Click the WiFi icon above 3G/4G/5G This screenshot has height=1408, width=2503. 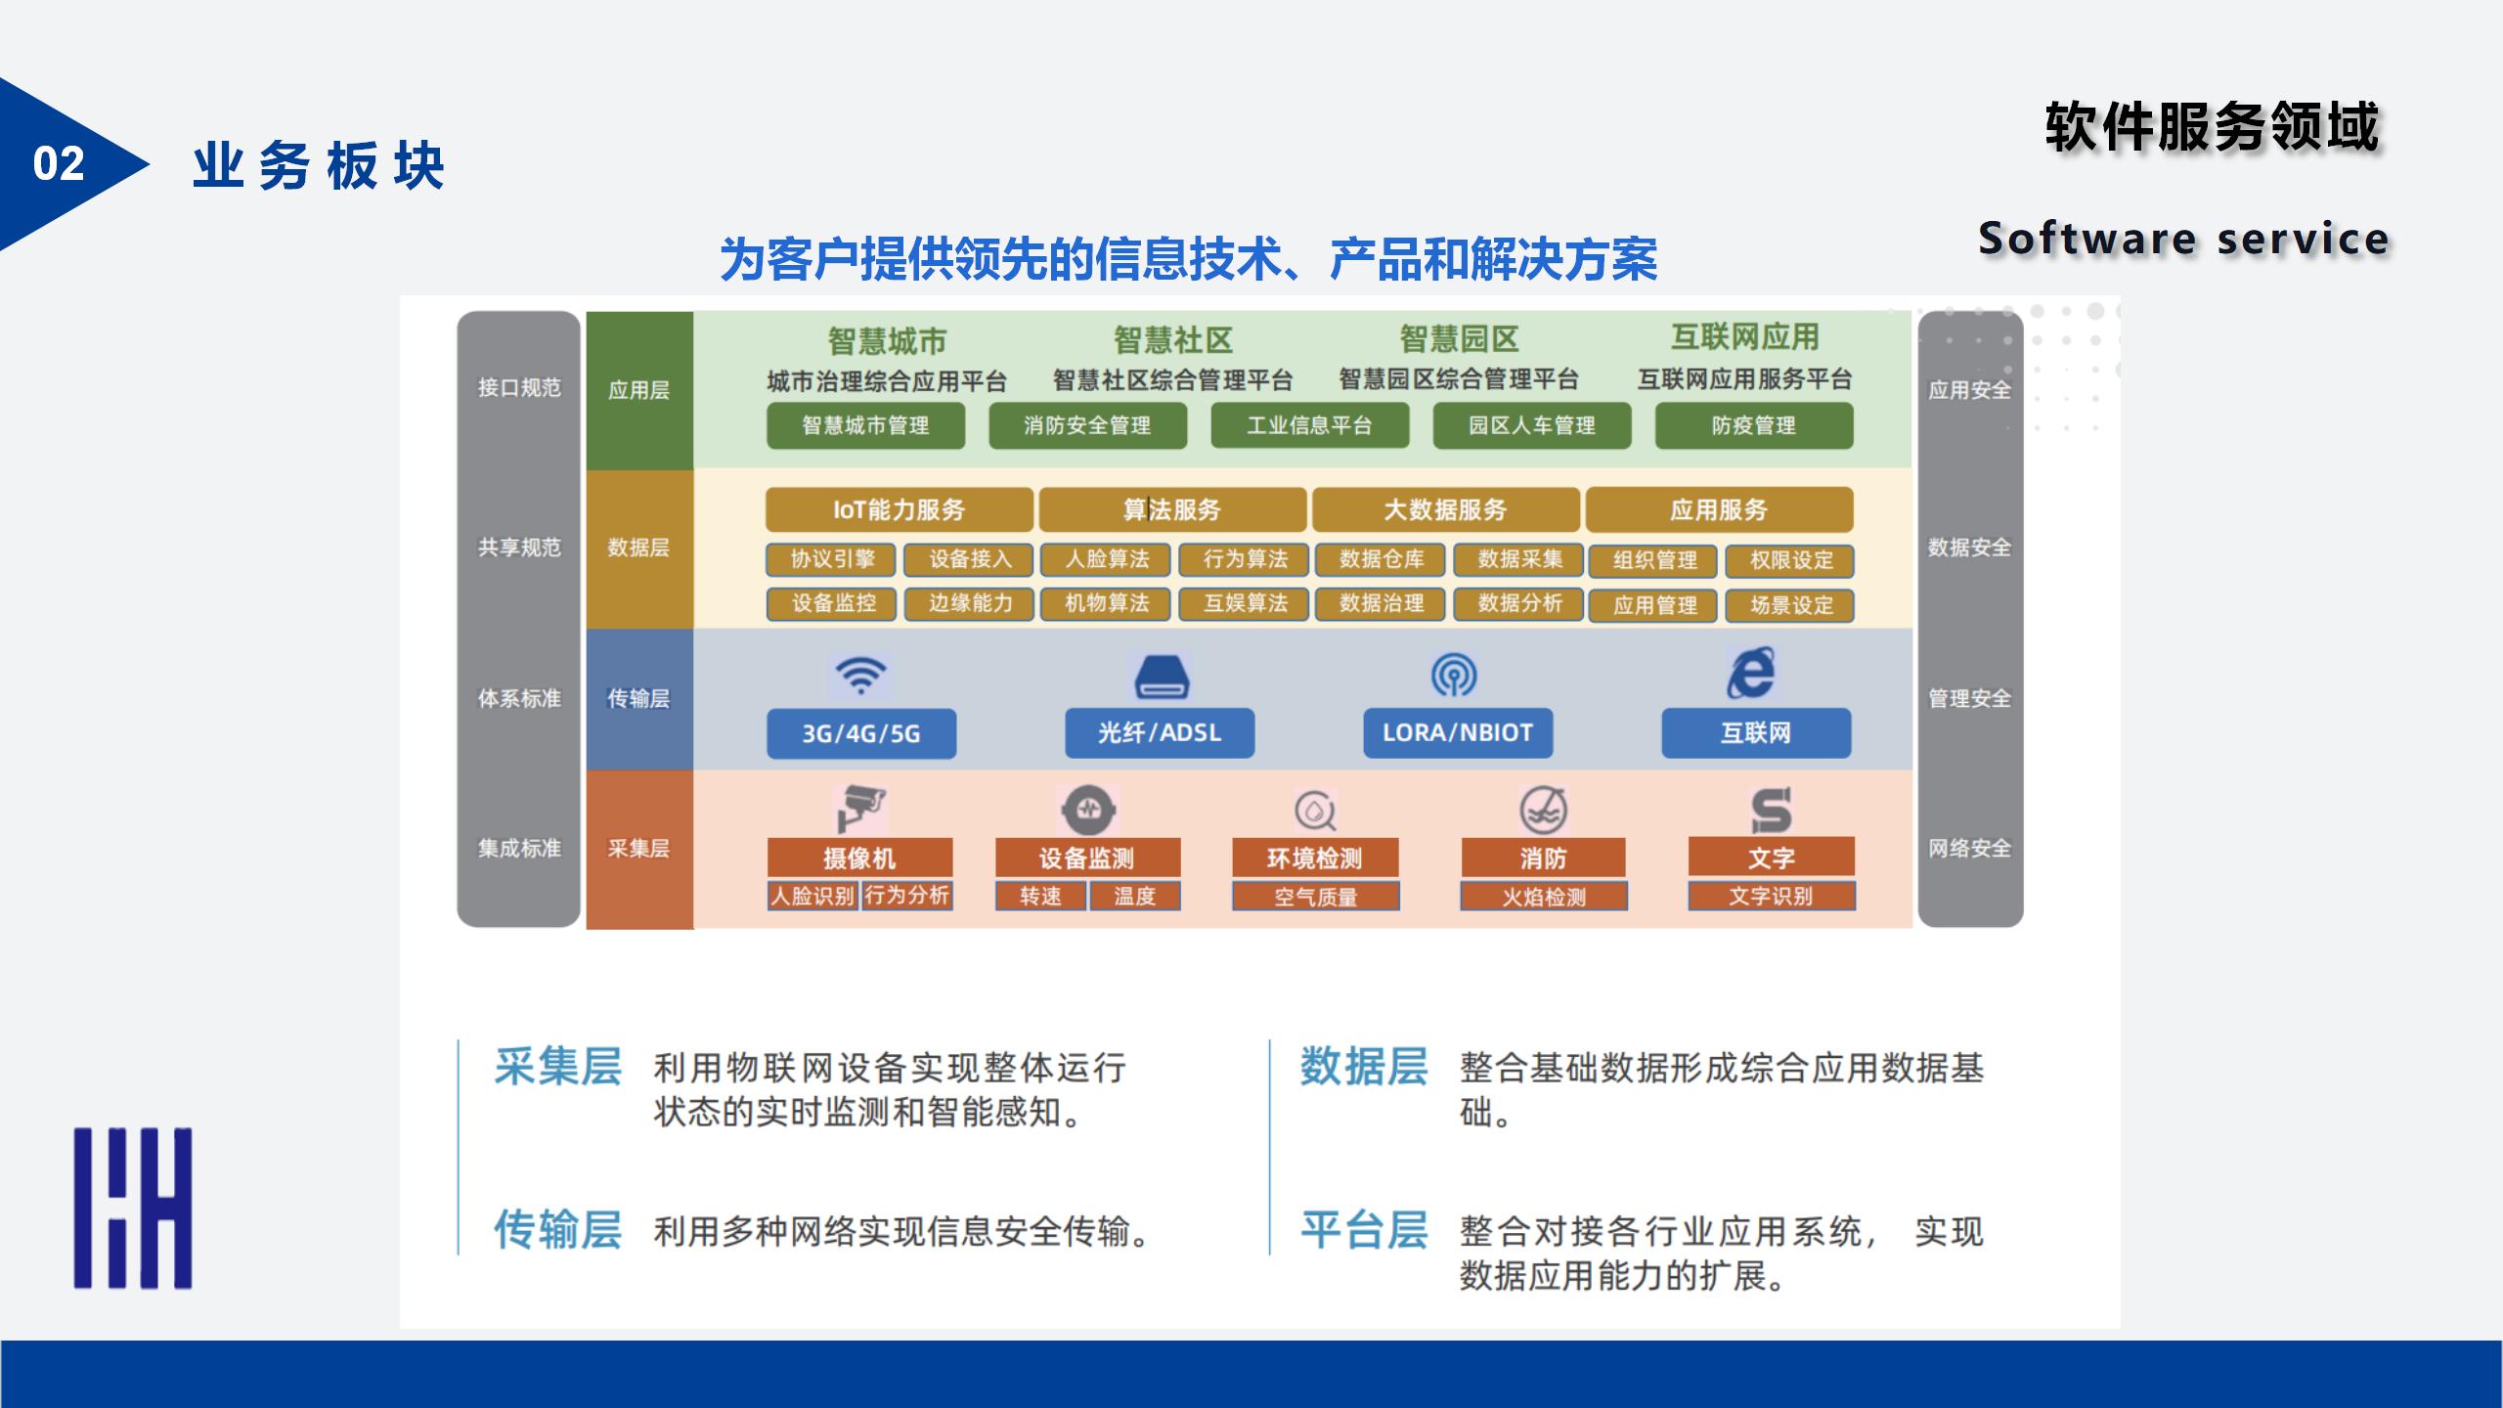pos(860,676)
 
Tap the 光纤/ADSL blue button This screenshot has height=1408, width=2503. pos(1160,733)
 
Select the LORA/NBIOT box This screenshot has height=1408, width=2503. pos(1458,733)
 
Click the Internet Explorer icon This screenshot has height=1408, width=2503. pos(1752,673)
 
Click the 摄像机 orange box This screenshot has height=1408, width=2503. pos(859,858)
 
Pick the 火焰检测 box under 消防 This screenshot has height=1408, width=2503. pos(1544,897)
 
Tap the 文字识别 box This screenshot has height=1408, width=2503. pos(1771,897)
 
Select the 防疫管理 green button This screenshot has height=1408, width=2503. pos(1754,426)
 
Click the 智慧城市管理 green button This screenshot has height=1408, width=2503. pos(865,426)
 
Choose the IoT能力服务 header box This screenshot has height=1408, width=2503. pos(899,509)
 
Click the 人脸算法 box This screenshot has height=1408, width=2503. pos(1107,559)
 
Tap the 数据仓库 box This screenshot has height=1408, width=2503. pos(1382,559)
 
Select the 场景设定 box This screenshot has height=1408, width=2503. pos(1791,605)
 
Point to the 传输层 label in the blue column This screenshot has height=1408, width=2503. pos(638,698)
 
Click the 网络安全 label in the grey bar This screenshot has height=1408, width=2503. pos(1969,848)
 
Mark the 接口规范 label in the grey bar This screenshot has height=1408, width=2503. pos(519,388)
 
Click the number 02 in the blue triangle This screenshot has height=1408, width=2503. pos(59,164)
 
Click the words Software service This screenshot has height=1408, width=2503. pos(2183,239)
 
